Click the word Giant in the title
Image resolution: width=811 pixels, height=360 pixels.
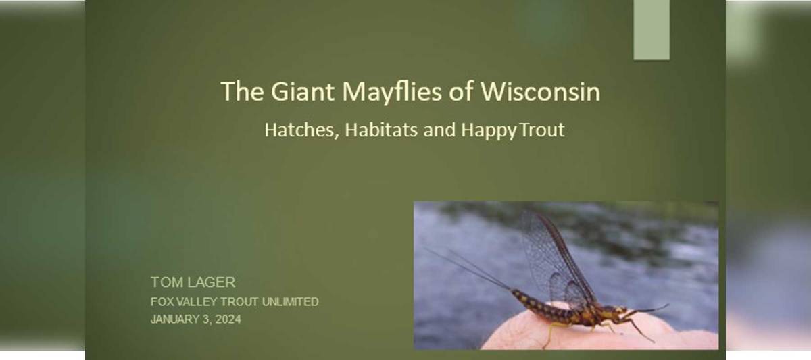295,91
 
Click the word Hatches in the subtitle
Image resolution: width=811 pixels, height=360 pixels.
301,130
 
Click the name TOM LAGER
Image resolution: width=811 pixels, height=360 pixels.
193,282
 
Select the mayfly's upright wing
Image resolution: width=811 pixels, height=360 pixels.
551,257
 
